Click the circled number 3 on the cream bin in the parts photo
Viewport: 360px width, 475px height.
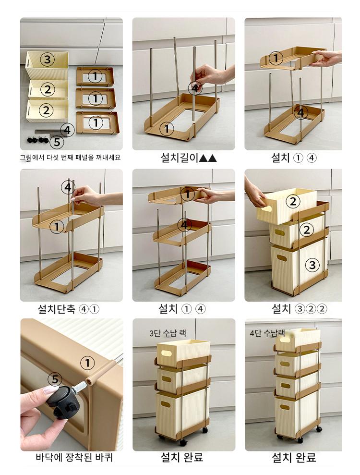click(47, 60)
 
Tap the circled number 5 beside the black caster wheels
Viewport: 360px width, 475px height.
click(57, 142)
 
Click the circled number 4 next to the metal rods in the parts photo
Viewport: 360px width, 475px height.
click(67, 130)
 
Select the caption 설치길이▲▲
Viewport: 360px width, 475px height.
click(189, 158)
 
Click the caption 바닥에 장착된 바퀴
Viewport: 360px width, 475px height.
click(74, 457)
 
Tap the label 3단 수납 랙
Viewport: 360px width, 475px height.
click(168, 333)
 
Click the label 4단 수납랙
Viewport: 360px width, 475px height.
click(267, 333)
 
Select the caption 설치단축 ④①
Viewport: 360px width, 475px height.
click(69, 309)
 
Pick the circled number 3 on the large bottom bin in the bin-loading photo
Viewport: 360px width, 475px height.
click(312, 265)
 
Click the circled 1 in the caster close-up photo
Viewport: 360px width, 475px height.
click(87, 363)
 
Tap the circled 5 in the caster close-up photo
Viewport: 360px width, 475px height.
click(55, 379)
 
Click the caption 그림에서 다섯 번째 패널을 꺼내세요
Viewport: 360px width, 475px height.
click(70, 158)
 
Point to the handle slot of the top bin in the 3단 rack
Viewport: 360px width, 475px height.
click(166, 353)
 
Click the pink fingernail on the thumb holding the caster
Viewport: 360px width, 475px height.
click(50, 390)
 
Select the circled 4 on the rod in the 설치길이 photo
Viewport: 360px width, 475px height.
click(195, 88)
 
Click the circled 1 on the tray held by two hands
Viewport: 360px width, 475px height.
click(276, 58)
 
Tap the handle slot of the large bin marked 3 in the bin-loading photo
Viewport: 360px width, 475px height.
click(282, 258)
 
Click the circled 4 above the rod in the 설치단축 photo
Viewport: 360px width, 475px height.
click(68, 188)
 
